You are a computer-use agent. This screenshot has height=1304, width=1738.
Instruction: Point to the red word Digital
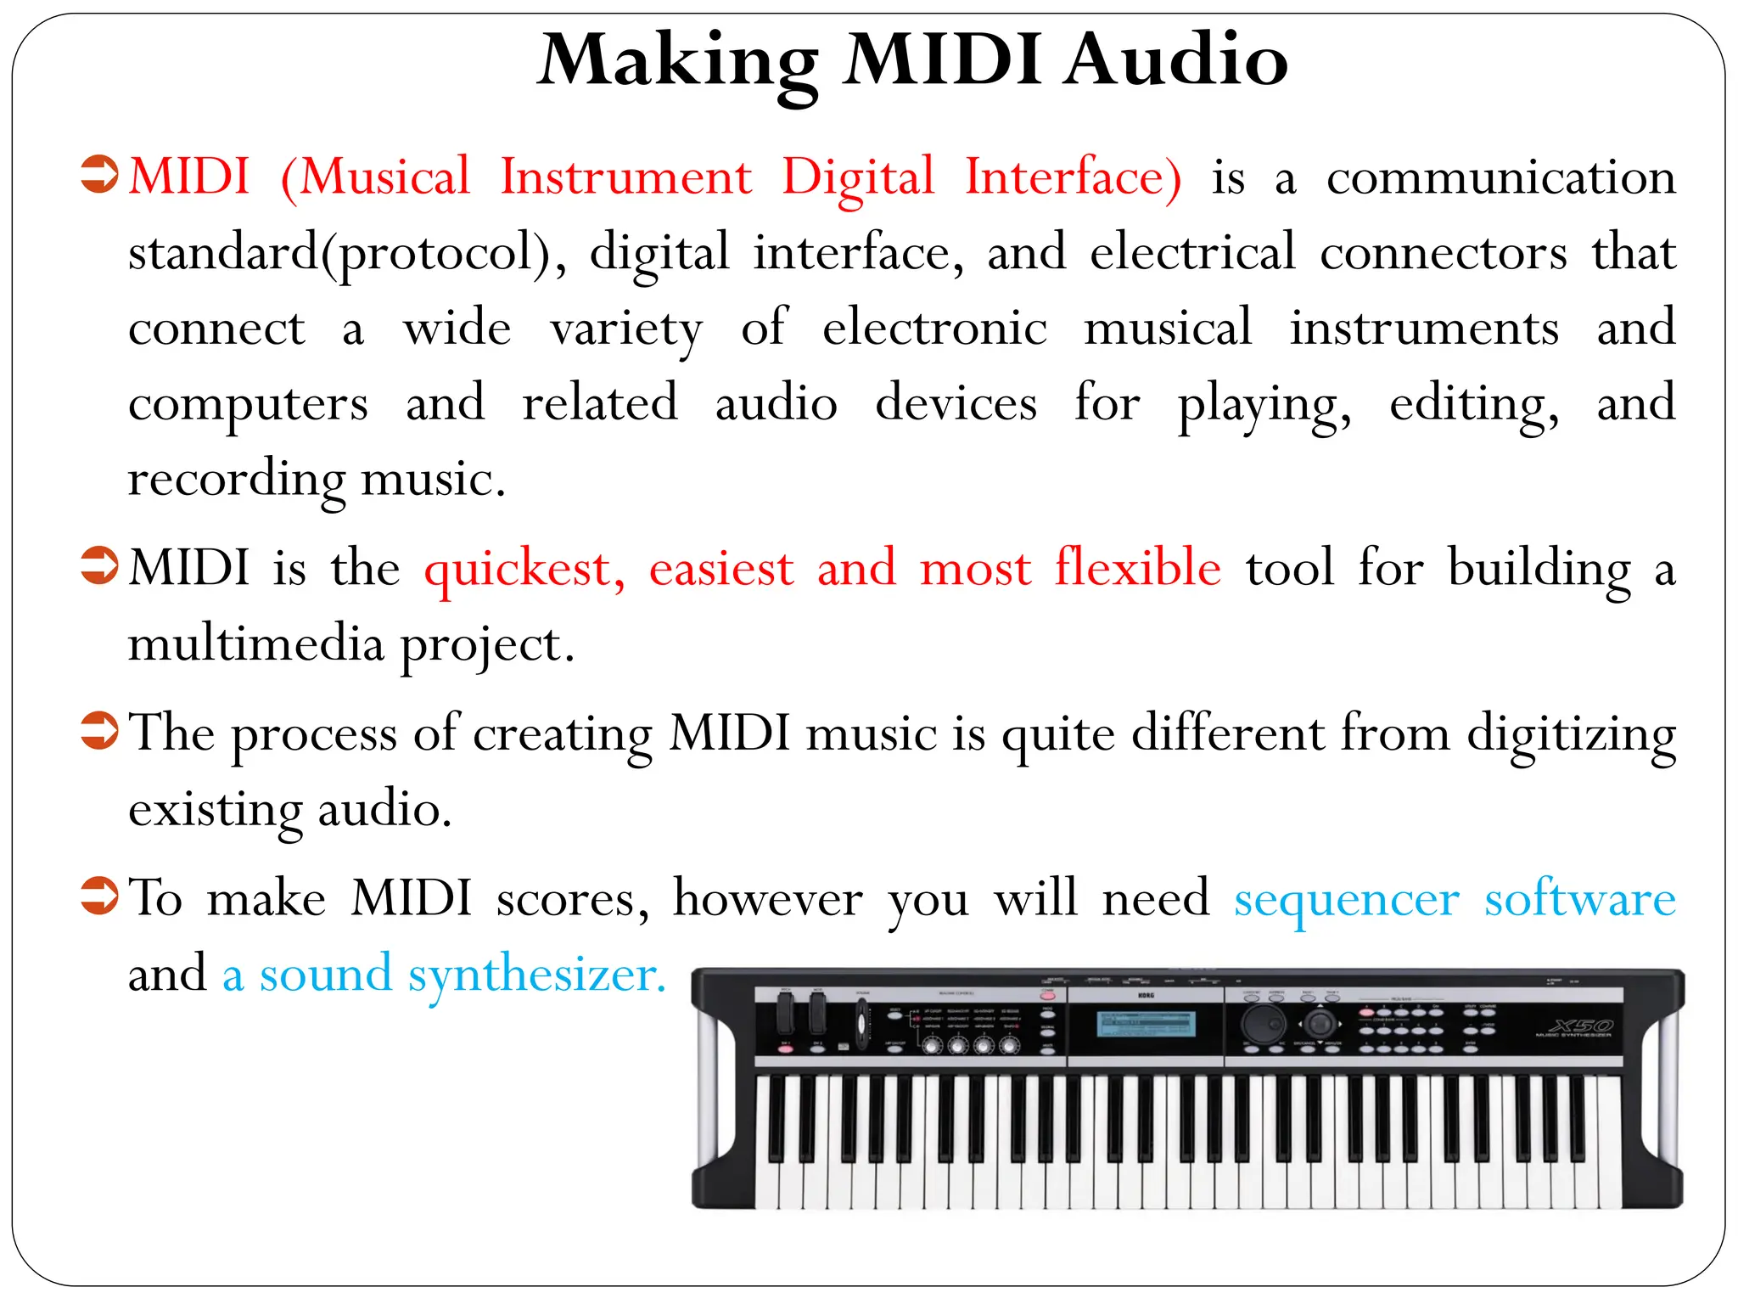tap(857, 178)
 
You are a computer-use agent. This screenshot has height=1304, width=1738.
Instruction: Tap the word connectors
tap(1443, 253)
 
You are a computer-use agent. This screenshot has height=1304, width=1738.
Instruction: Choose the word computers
tap(248, 405)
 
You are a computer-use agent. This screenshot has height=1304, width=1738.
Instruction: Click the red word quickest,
tap(524, 569)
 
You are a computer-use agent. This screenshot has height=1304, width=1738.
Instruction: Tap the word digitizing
tap(1571, 734)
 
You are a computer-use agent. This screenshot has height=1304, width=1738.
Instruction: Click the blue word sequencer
tap(1346, 900)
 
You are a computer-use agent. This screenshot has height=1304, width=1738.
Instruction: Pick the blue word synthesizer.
tap(536, 975)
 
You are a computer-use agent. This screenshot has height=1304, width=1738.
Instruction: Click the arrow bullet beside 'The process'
tap(99, 731)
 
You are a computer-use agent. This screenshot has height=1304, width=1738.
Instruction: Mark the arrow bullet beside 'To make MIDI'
tap(99, 896)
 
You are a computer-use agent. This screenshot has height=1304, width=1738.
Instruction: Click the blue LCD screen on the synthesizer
tap(1146, 1024)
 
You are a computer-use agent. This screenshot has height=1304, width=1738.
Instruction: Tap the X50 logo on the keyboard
tap(1580, 1026)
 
